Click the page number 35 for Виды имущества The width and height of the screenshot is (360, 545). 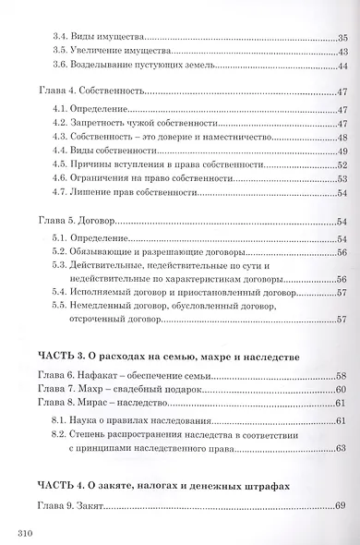tap(341, 40)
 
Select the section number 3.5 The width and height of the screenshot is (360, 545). tap(63, 54)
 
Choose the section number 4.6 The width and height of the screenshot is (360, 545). tap(63, 179)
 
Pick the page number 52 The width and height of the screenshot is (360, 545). tap(341, 165)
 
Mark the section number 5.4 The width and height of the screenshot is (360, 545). tap(63, 292)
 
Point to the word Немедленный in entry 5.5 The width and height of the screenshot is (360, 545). tap(112, 306)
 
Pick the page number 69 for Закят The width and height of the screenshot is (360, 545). tap(341, 505)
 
